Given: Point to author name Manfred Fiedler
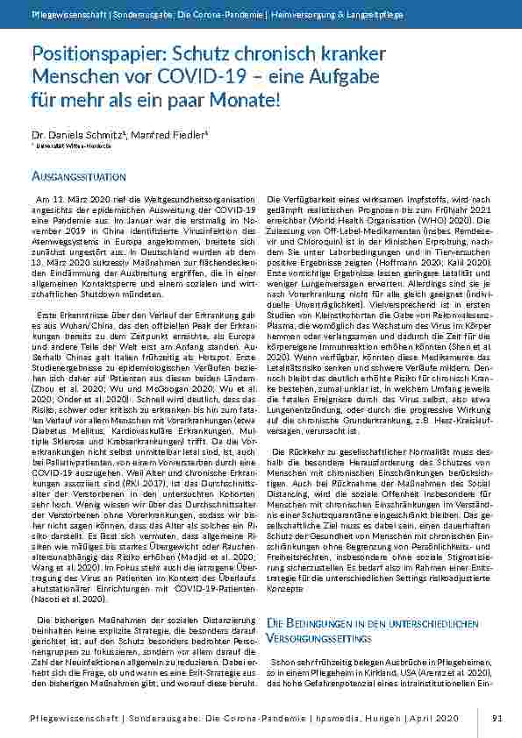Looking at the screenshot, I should (148, 135).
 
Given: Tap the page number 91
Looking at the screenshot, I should (496, 718).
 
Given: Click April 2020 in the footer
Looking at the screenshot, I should (435, 718).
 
